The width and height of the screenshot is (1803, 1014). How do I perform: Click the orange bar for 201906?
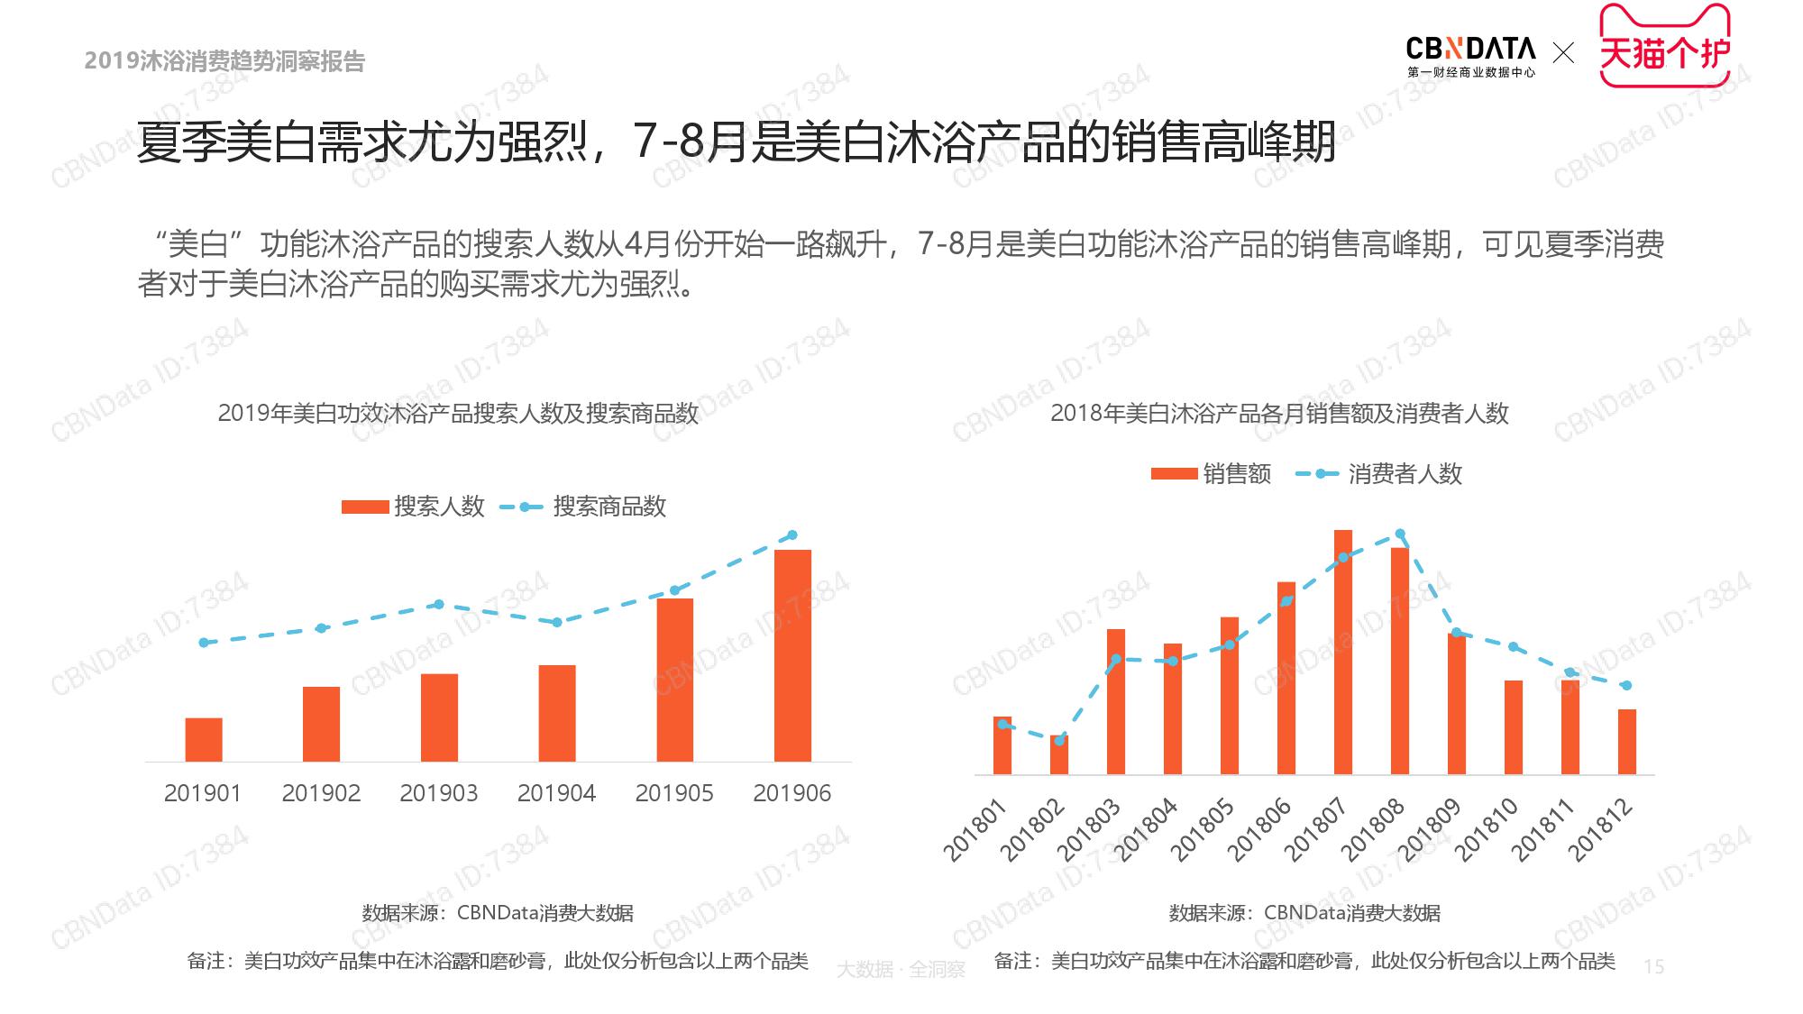792,655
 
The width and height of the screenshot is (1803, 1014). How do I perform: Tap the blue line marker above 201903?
439,604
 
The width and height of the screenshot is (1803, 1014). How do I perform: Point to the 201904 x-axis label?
556,793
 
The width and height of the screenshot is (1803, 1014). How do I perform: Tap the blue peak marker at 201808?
1400,534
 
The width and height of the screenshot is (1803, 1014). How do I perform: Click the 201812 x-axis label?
1601,829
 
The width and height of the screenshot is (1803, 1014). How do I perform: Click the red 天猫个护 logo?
1665,50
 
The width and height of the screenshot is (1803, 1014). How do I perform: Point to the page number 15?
1653,967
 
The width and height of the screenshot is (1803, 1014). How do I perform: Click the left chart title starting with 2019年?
458,414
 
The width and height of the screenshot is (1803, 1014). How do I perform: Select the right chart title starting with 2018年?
1279,414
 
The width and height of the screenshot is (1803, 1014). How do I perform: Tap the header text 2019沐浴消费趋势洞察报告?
224,61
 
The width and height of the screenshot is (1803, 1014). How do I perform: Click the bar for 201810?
1514,726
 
